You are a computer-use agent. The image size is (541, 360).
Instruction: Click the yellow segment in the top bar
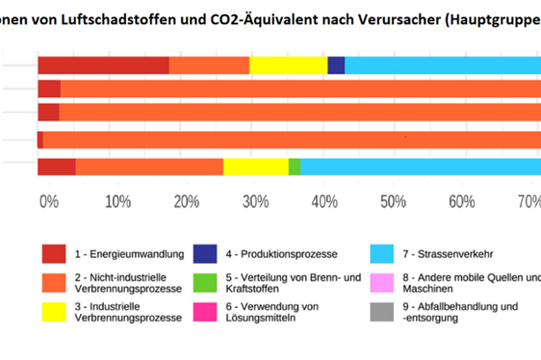[288, 65]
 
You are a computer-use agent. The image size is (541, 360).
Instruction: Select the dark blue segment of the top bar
[336, 65]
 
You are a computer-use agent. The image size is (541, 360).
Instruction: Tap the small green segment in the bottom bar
[294, 167]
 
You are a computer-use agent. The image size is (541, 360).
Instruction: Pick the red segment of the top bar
[103, 65]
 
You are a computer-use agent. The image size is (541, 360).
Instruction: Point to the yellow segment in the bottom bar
[255, 167]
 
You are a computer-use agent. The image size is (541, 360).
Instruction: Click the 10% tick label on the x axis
[117, 201]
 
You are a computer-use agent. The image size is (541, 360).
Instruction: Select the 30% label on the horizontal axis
[254, 201]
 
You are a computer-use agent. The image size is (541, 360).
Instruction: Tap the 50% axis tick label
[392, 201]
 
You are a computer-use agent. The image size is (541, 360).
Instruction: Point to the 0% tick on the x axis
[49, 201]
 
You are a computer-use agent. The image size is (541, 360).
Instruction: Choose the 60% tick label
[461, 201]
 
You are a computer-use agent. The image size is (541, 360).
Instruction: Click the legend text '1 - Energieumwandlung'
[130, 254]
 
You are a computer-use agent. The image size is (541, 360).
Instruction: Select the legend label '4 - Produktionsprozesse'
[281, 254]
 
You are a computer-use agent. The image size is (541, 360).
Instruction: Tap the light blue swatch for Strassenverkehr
[382, 254]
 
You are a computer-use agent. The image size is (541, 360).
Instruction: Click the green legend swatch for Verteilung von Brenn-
[204, 284]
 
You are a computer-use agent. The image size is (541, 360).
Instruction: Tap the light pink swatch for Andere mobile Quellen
[382, 284]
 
